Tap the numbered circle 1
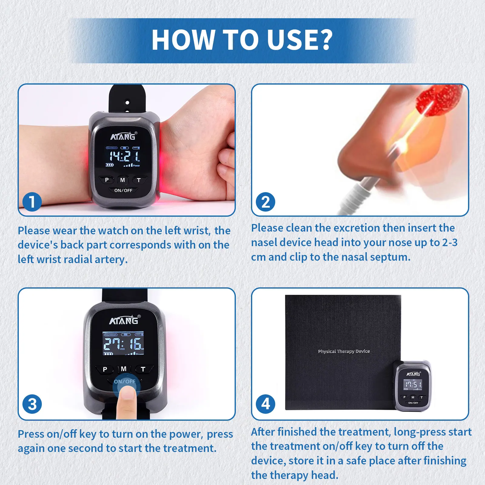tap(32, 202)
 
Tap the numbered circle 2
tap(266, 202)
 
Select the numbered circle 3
tap(32, 404)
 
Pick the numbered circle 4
tap(266, 404)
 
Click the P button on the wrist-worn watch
tap(107, 180)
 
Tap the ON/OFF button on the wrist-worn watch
tap(123, 190)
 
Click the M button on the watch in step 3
tap(124, 369)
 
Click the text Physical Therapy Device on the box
tap(344, 351)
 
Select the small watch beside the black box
tap(413, 386)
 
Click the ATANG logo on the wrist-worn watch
tap(123, 137)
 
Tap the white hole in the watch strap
tap(127, 102)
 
